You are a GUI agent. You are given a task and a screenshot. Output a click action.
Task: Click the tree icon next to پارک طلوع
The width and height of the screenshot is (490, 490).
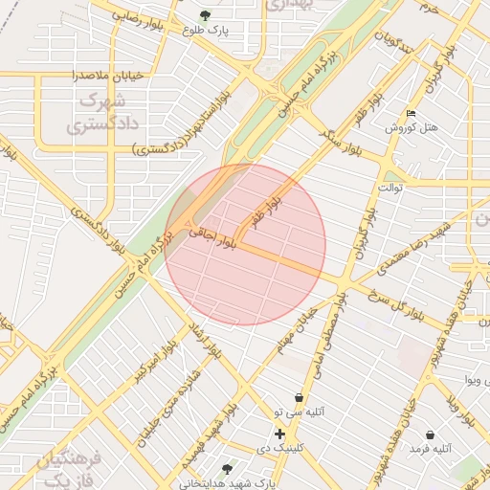[205, 15]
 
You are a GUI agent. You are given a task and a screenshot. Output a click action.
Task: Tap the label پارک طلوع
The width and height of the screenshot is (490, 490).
[207, 30]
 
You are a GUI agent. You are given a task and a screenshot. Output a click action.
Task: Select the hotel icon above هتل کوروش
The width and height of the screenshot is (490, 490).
[412, 114]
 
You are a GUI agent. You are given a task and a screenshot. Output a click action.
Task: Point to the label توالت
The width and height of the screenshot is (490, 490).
[390, 188]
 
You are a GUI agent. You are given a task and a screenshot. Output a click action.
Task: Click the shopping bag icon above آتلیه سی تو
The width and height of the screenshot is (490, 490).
[300, 397]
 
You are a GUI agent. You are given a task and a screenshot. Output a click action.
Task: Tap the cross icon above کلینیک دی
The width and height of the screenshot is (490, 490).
[279, 434]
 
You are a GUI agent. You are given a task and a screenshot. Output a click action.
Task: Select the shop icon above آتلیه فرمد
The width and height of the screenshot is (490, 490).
[430, 434]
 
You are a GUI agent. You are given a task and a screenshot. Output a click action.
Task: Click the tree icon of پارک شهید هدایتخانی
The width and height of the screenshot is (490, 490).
[227, 469]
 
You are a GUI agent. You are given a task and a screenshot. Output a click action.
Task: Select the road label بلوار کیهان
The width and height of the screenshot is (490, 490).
[361, 229]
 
